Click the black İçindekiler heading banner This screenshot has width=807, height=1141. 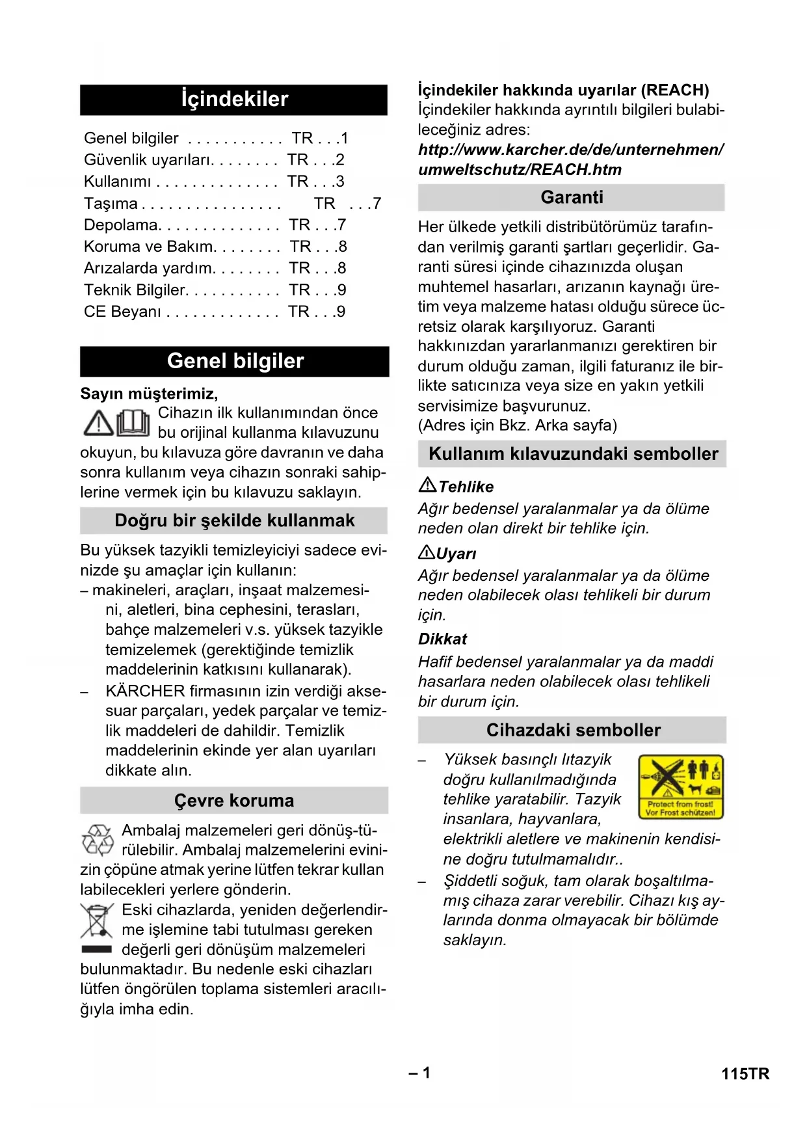pos(233,100)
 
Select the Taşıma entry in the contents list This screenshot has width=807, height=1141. pos(111,204)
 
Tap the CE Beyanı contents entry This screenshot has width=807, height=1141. pos(122,312)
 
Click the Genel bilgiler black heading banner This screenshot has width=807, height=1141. pos(235,361)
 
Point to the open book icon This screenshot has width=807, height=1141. pos(133,423)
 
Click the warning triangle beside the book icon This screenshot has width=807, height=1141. pos(99,423)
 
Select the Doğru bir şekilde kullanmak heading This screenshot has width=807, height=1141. pos(234,520)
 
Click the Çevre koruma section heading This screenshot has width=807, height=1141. pos(234,801)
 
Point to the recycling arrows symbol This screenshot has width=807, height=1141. pos(98,840)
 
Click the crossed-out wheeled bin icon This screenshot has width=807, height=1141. pos(96,920)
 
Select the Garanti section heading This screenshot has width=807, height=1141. pos(572,197)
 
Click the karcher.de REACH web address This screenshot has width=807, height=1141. pos(570,159)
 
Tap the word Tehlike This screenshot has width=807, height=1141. pos(466,487)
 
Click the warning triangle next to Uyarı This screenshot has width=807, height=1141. pos(427,553)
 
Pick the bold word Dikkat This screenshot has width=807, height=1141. pos(442,639)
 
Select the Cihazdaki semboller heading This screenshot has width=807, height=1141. pos(573,730)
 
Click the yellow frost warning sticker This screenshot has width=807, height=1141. pos(681,786)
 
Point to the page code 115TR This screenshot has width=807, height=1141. pos(745,1074)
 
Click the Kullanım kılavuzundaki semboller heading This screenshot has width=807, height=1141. pos(573,454)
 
